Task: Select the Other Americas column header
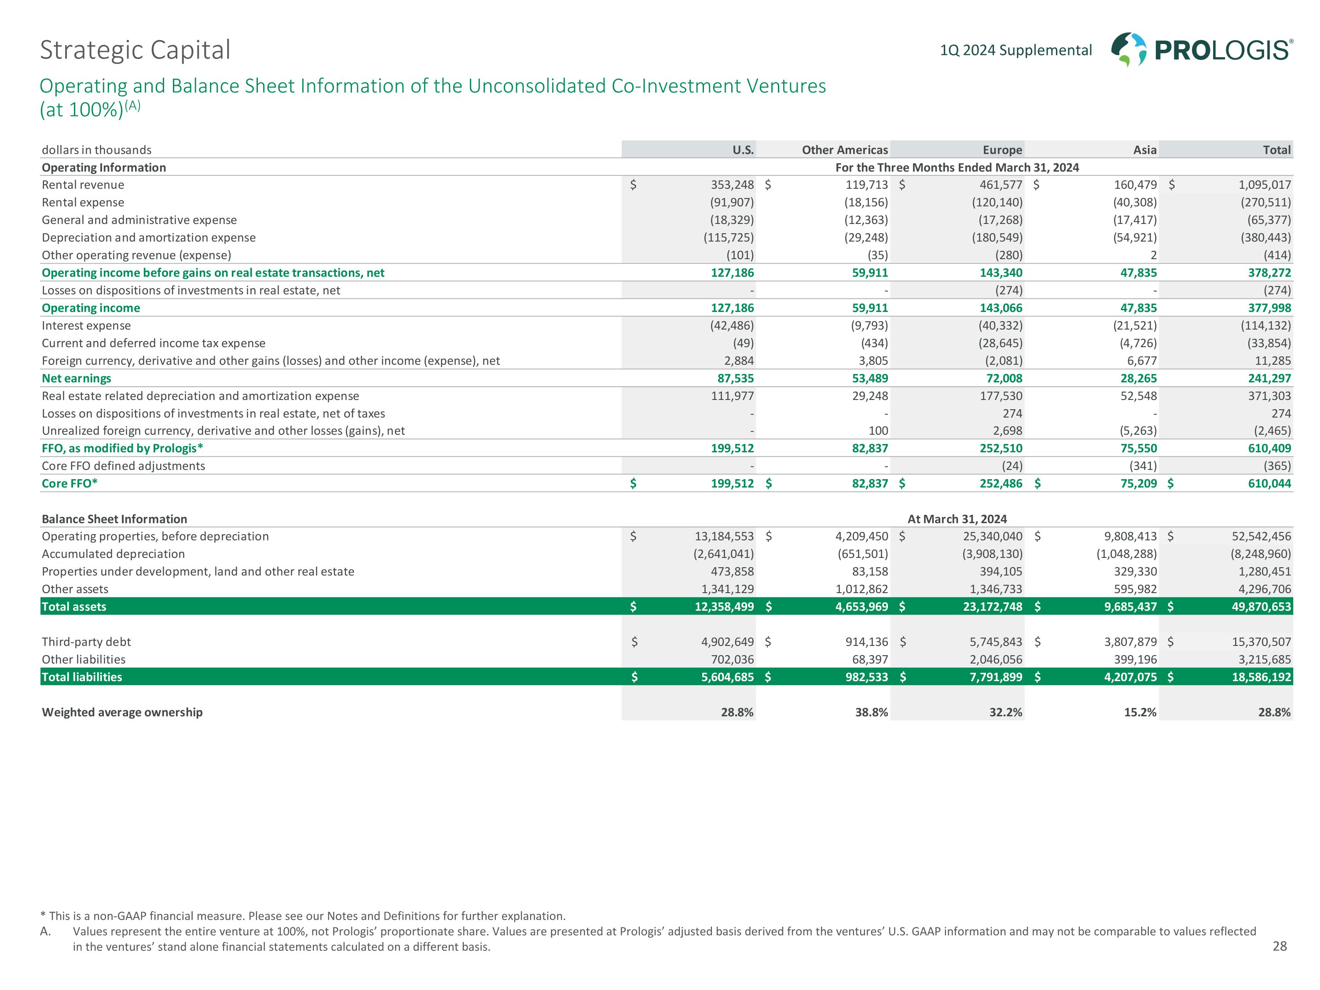click(844, 150)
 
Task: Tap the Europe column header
click(1002, 150)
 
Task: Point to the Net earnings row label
click(77, 378)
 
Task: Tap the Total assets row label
click(74, 607)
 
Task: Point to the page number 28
click(1280, 946)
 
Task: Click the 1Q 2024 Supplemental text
click(1016, 50)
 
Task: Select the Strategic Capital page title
click(135, 50)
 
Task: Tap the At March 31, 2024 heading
click(957, 519)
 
